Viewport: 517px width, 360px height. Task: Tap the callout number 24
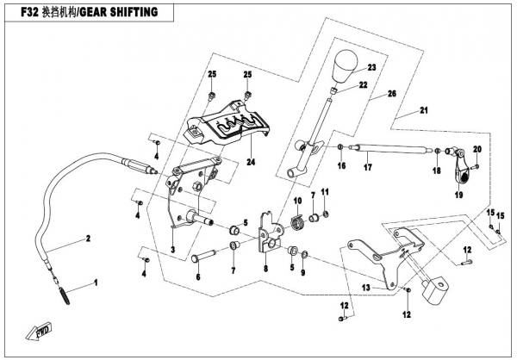click(251, 160)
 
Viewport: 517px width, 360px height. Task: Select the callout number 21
click(423, 111)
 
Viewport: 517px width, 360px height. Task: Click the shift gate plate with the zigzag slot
click(228, 125)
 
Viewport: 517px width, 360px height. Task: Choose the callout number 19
click(458, 196)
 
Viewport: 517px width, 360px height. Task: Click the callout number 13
click(365, 288)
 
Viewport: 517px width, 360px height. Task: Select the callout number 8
click(266, 269)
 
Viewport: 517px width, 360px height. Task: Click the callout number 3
click(173, 250)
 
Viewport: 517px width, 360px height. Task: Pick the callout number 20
click(477, 150)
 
